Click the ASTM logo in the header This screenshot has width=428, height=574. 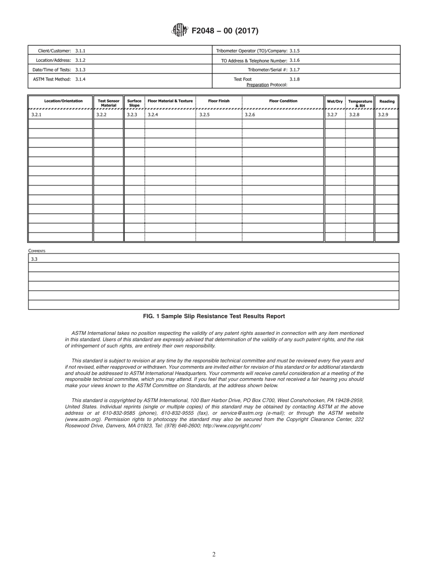[180, 31]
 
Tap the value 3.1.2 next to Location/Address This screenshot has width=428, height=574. [80, 60]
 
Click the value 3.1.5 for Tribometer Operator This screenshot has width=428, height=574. [294, 51]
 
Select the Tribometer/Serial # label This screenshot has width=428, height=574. [267, 69]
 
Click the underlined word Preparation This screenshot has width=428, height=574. [257, 84]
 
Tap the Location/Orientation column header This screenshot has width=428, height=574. [64, 101]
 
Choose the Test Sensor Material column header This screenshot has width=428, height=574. [109, 103]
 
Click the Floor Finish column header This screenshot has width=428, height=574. [219, 101]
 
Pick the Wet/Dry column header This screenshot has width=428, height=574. [335, 102]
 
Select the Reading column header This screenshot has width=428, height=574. [387, 102]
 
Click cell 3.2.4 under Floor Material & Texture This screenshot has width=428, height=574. [153, 115]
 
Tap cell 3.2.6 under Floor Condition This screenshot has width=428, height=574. [250, 115]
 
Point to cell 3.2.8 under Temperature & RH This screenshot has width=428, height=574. [354, 115]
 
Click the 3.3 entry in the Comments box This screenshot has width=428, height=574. [34, 259]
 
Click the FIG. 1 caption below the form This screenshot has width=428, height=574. [214, 316]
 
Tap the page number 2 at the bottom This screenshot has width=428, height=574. [214, 555]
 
